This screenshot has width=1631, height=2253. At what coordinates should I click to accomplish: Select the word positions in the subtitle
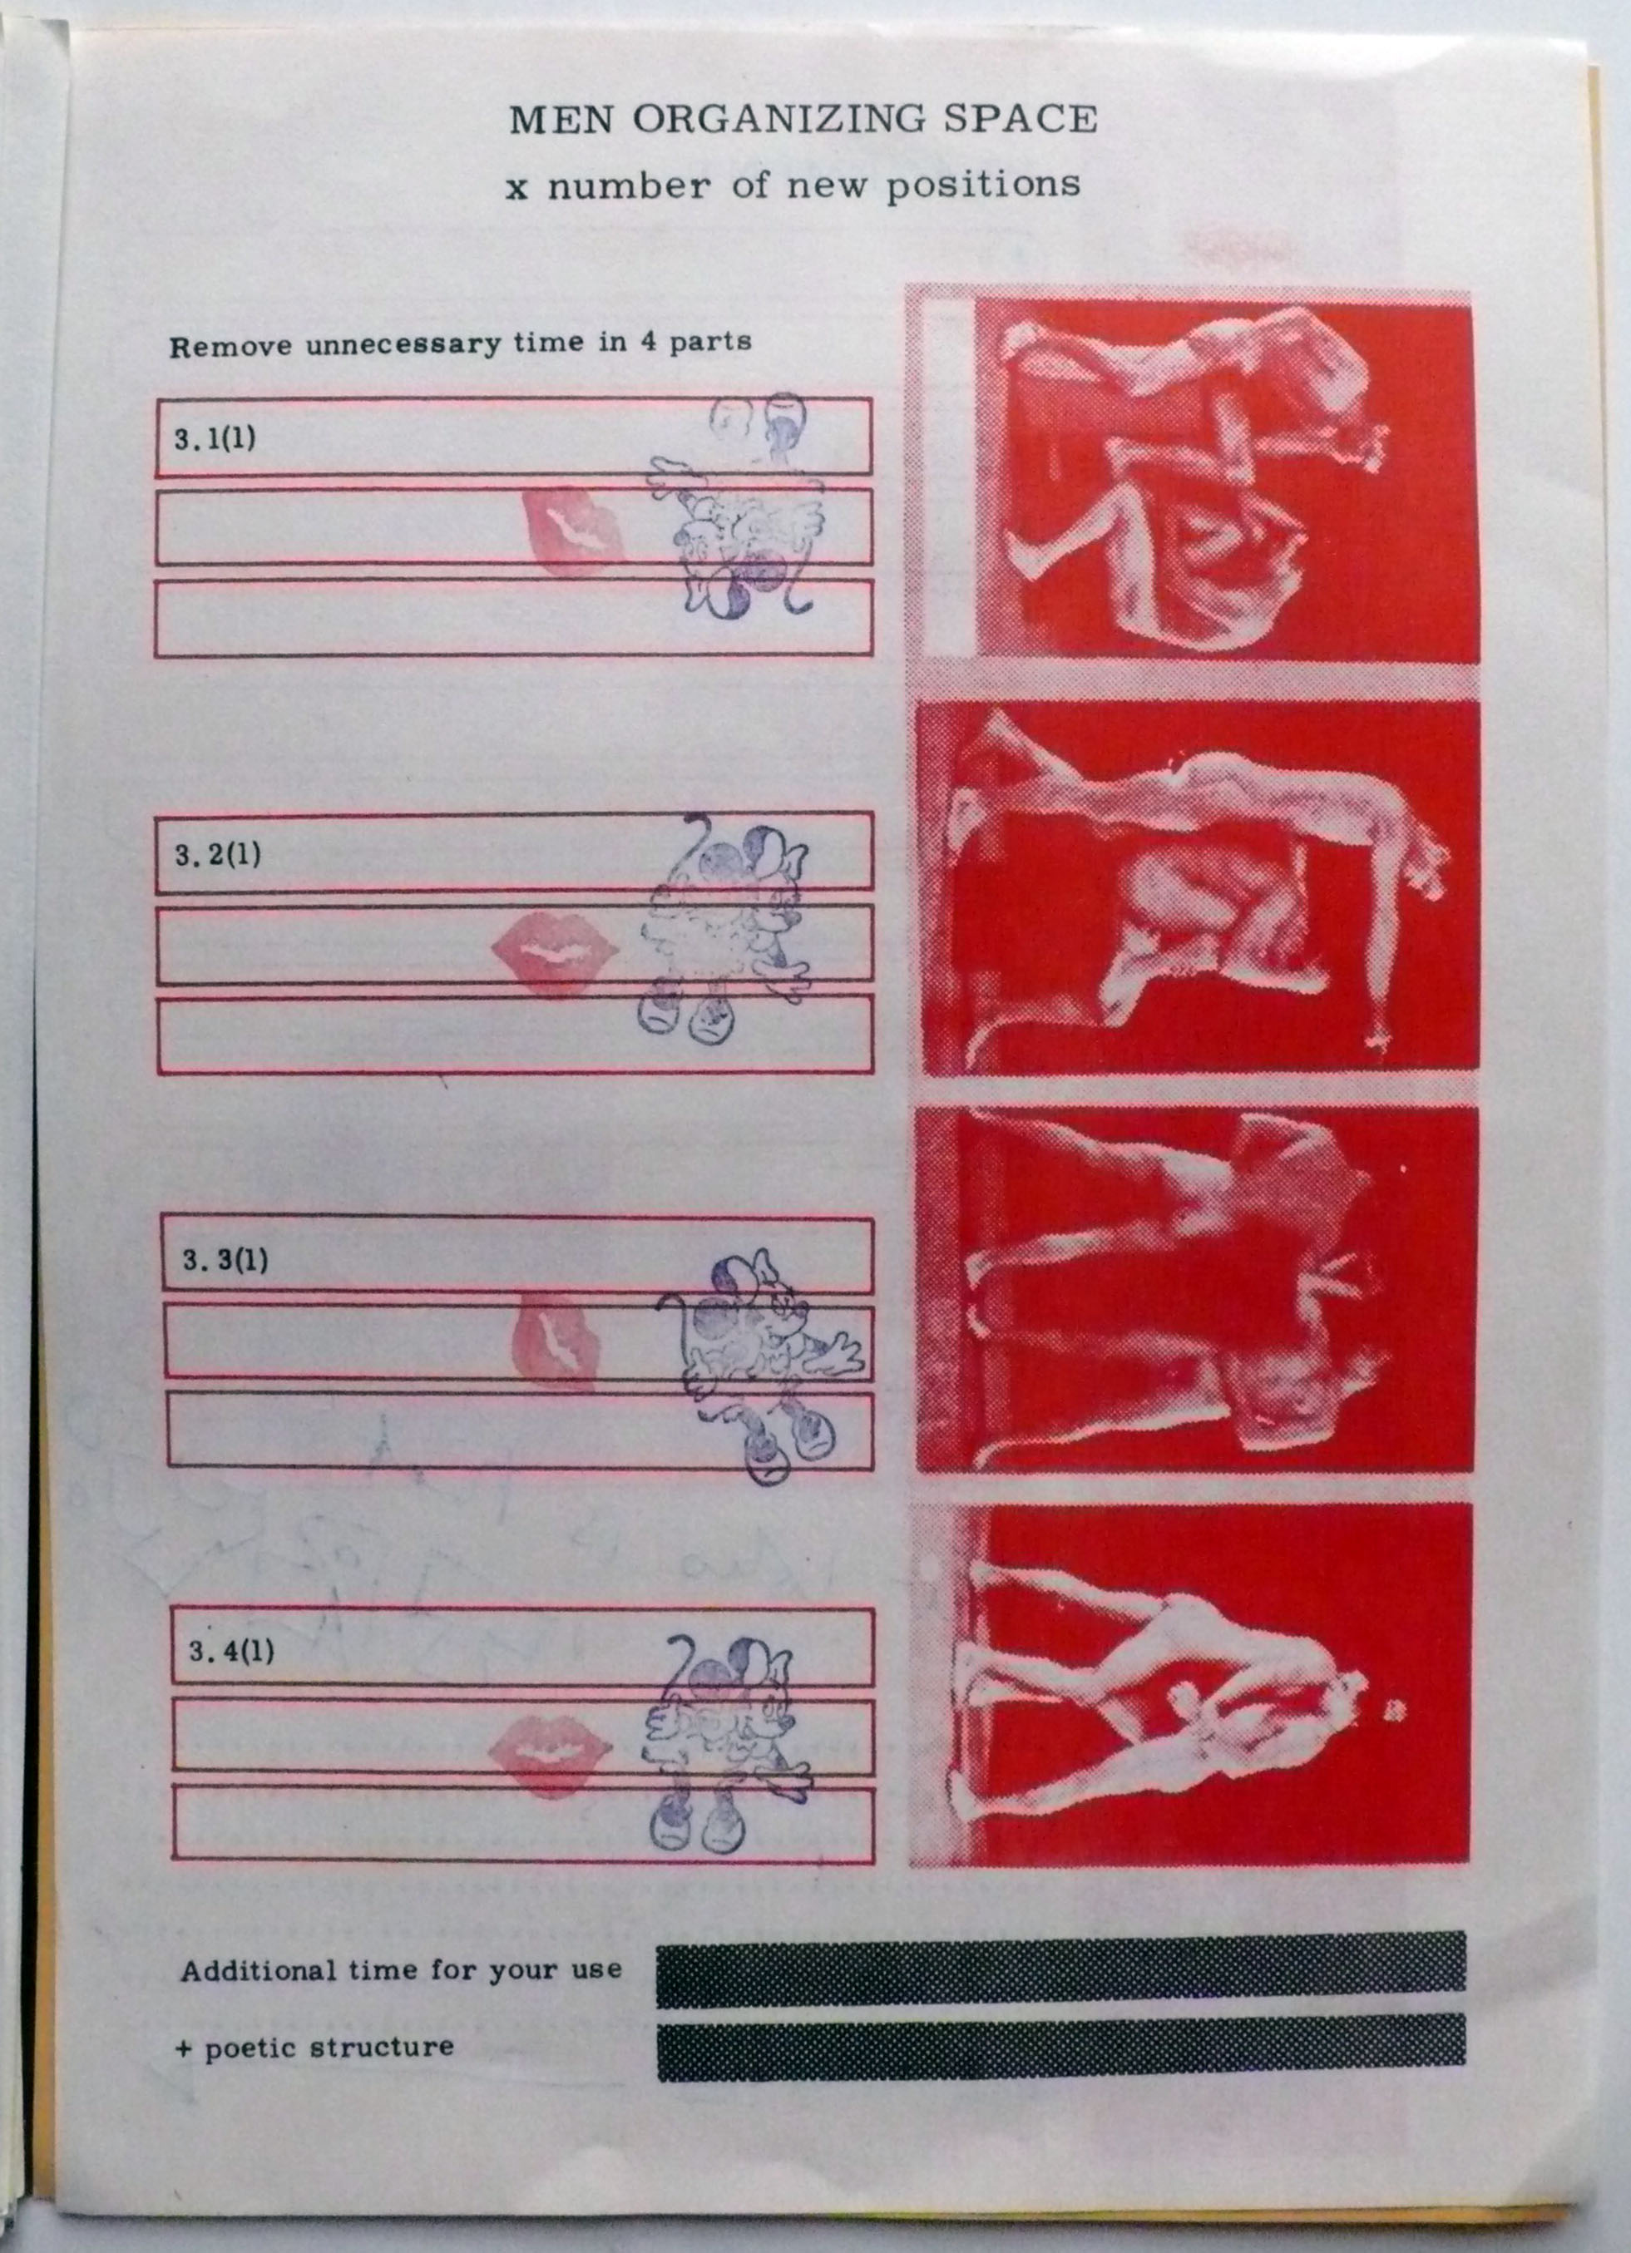(x=983, y=185)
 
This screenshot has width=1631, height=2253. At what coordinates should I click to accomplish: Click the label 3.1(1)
(x=215, y=438)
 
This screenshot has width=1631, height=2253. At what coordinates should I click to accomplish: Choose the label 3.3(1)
(x=225, y=1262)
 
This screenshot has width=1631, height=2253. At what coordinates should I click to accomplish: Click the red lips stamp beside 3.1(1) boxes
(x=575, y=531)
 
